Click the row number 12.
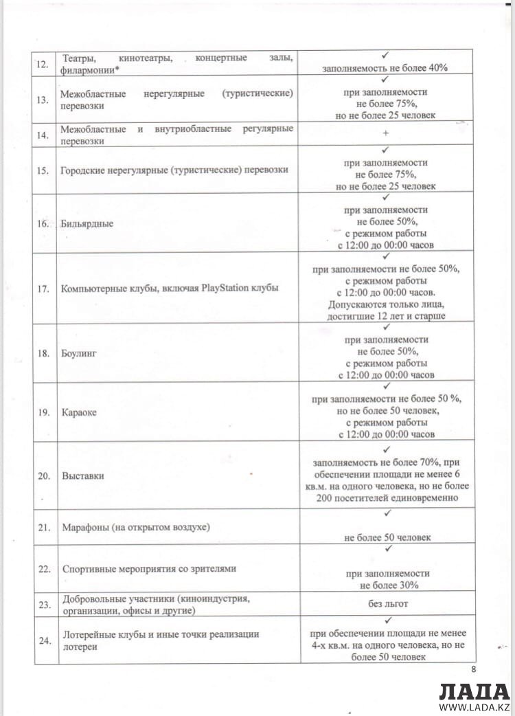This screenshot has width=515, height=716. coord(43,65)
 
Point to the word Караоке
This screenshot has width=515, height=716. coord(79,412)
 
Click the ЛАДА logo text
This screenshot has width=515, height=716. coord(474,691)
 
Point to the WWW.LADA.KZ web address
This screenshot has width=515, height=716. coord(474,707)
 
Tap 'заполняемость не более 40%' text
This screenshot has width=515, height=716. coord(386,68)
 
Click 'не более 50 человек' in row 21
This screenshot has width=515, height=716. coord(388,537)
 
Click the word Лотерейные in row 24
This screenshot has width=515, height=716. coord(89,635)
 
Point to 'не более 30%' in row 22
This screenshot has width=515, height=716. coord(388,585)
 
